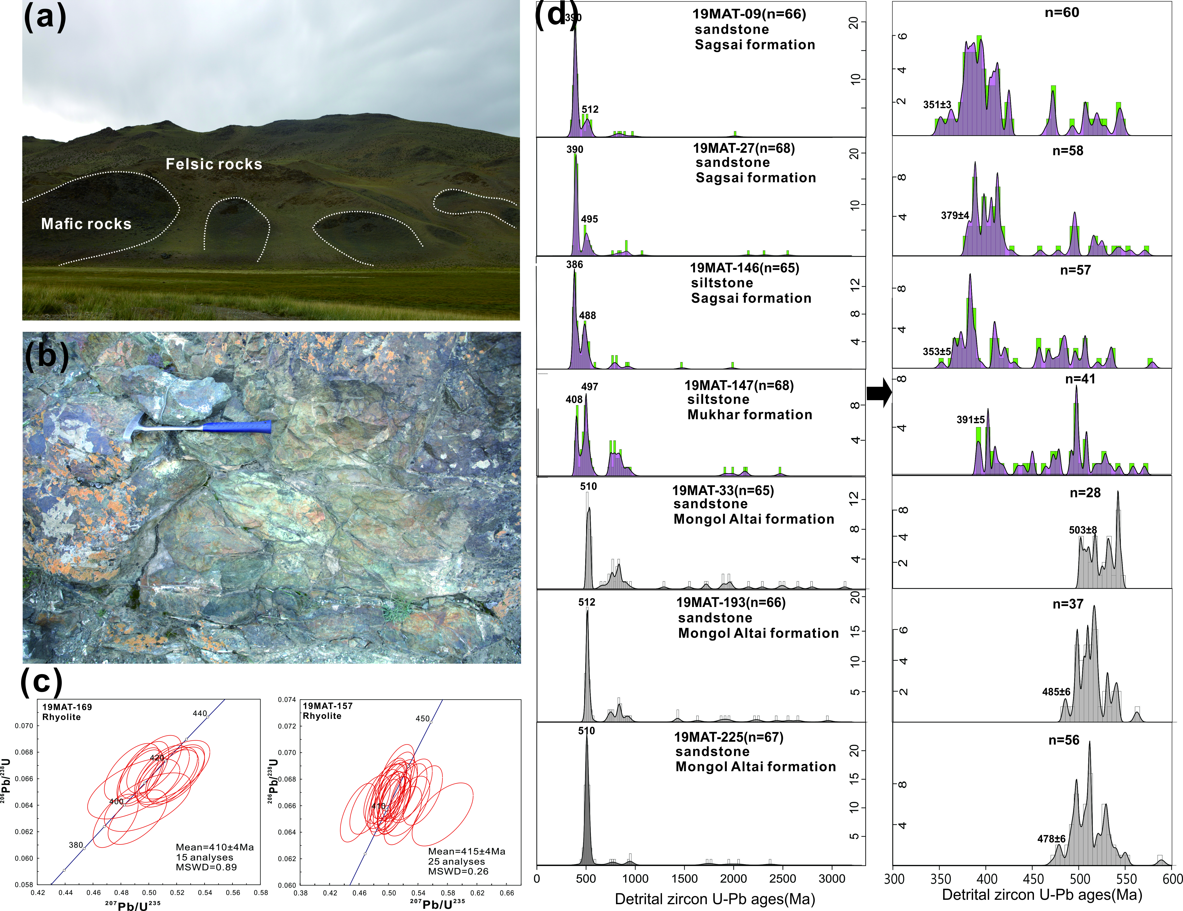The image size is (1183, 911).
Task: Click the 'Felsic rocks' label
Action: coord(214,164)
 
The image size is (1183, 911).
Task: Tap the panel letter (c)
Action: coord(41,681)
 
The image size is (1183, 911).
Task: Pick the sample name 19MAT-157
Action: coord(328,706)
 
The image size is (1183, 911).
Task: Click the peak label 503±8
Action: coord(1083,530)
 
